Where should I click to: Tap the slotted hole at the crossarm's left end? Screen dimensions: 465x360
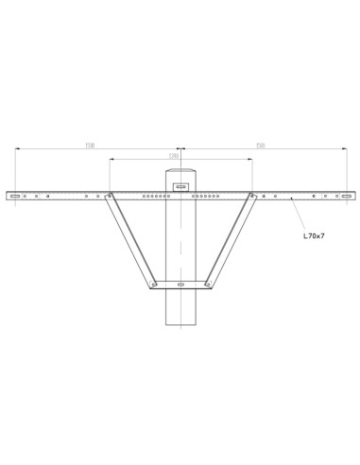click(14, 197)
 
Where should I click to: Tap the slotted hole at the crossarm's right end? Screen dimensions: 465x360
click(347, 197)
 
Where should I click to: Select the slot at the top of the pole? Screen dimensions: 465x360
click(180, 187)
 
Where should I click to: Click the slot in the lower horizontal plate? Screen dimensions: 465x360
click(180, 284)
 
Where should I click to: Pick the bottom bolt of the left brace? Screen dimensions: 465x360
click(154, 284)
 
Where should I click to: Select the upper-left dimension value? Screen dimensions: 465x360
click(90, 146)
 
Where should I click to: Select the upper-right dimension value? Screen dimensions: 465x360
click(261, 146)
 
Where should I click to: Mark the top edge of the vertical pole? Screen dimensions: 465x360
click(180, 171)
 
